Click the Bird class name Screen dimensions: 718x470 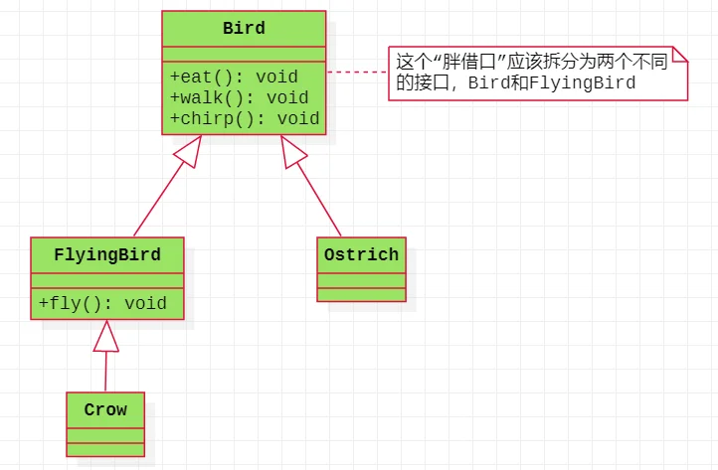(x=244, y=29)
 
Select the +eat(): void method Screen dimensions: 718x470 (x=234, y=77)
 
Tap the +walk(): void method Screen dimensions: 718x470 (x=239, y=98)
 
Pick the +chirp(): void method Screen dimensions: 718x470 (x=245, y=119)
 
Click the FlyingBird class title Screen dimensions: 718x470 (x=107, y=255)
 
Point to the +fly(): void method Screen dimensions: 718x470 (x=102, y=303)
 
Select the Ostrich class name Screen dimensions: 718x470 (x=361, y=255)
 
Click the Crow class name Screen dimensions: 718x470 (x=105, y=409)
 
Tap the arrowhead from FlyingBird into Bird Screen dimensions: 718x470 (x=189, y=151)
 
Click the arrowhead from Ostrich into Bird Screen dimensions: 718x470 (x=292, y=151)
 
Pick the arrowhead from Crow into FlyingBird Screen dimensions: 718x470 (x=106, y=336)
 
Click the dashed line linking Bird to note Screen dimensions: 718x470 (x=357, y=72)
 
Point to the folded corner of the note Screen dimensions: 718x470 (x=679, y=54)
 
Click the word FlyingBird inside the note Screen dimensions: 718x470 (x=582, y=82)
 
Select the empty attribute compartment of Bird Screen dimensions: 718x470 (x=244, y=54)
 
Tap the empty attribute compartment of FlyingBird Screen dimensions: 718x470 (x=107, y=280)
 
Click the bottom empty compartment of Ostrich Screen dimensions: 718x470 (x=361, y=295)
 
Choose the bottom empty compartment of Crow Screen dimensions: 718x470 (x=105, y=449)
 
